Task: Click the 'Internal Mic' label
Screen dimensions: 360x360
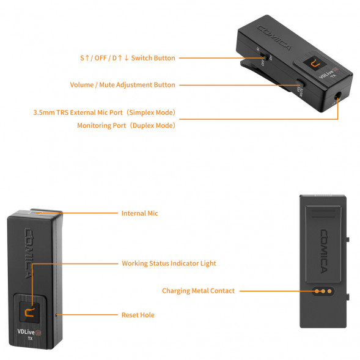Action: pyautogui.click(x=139, y=213)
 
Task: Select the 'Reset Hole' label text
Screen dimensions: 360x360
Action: pyautogui.click(x=138, y=315)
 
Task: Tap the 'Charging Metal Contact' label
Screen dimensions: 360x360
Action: pyautogui.click(x=198, y=291)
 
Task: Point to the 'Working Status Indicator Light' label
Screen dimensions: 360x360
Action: pyautogui.click(x=169, y=263)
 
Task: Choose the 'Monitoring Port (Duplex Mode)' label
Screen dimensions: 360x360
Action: pyautogui.click(x=126, y=125)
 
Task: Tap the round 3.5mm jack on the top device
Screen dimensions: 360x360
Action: pyautogui.click(x=339, y=95)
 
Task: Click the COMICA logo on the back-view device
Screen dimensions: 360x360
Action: pyautogui.click(x=323, y=250)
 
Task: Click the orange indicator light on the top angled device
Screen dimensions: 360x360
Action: pyautogui.click(x=315, y=64)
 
